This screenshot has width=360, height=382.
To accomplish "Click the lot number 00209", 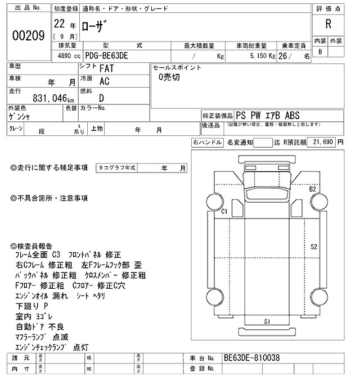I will coord(28,35).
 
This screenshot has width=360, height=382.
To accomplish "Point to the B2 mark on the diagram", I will coord(312,189).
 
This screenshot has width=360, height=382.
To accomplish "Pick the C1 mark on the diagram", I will coord(223,212).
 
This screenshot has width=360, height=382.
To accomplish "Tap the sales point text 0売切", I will coord(169,78).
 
